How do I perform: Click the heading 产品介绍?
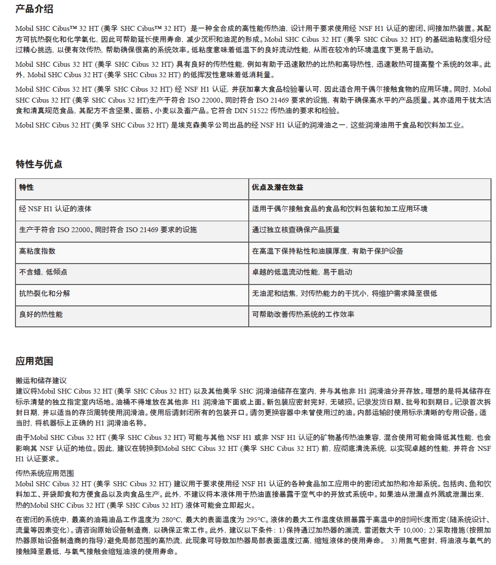coord(34,9)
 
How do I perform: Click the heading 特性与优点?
coord(39,164)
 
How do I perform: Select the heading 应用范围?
coord(34,361)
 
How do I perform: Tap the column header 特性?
coord(26,188)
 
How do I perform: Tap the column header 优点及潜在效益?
coord(278,188)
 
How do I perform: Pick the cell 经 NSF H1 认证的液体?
coord(55,209)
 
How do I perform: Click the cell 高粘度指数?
coord(37,251)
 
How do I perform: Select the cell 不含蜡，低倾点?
coord(43,273)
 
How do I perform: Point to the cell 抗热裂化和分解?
coord(44,293)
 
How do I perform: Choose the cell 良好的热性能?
coord(41,315)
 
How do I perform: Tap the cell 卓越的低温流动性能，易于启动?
coord(302,273)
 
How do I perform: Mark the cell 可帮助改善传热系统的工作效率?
coord(303,315)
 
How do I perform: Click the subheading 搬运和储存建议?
coord(41,380)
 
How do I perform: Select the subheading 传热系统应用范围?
coord(44,473)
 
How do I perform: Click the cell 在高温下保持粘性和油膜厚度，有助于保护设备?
coord(328,251)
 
